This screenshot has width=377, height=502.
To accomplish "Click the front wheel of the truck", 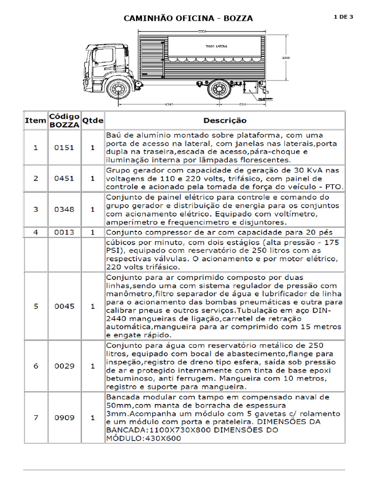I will pos(118,90).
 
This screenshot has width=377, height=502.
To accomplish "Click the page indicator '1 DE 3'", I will pos(343,17).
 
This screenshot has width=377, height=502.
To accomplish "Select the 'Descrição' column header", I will pos(225,120).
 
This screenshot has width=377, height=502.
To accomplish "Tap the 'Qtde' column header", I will pos(92,120).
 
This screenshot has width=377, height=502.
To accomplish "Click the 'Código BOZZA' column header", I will pos(64,120).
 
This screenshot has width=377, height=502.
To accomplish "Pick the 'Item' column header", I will pos(35,120).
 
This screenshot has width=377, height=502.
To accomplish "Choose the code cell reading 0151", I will pos(64,147).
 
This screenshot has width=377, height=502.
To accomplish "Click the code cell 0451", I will pos(64,178).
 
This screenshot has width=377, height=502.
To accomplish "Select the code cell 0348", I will pos(64,209).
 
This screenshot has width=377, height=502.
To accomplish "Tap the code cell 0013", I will pos(64,231).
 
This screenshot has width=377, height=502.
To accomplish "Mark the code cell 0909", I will pos(64,418).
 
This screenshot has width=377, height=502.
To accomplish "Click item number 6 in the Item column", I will pos(35,366).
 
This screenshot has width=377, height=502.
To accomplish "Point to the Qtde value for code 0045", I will pos(92,306).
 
